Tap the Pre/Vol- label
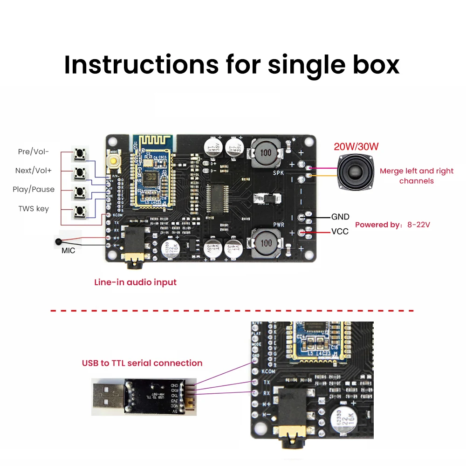(x=33, y=151)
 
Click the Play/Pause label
(x=34, y=189)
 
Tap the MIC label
(x=68, y=250)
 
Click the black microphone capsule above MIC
(x=58, y=242)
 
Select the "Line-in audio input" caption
(x=135, y=282)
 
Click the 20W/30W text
(x=356, y=146)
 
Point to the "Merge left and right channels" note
(x=416, y=176)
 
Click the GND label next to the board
(x=340, y=217)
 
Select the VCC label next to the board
(x=340, y=231)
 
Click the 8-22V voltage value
(x=418, y=225)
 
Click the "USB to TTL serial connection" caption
(x=142, y=363)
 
